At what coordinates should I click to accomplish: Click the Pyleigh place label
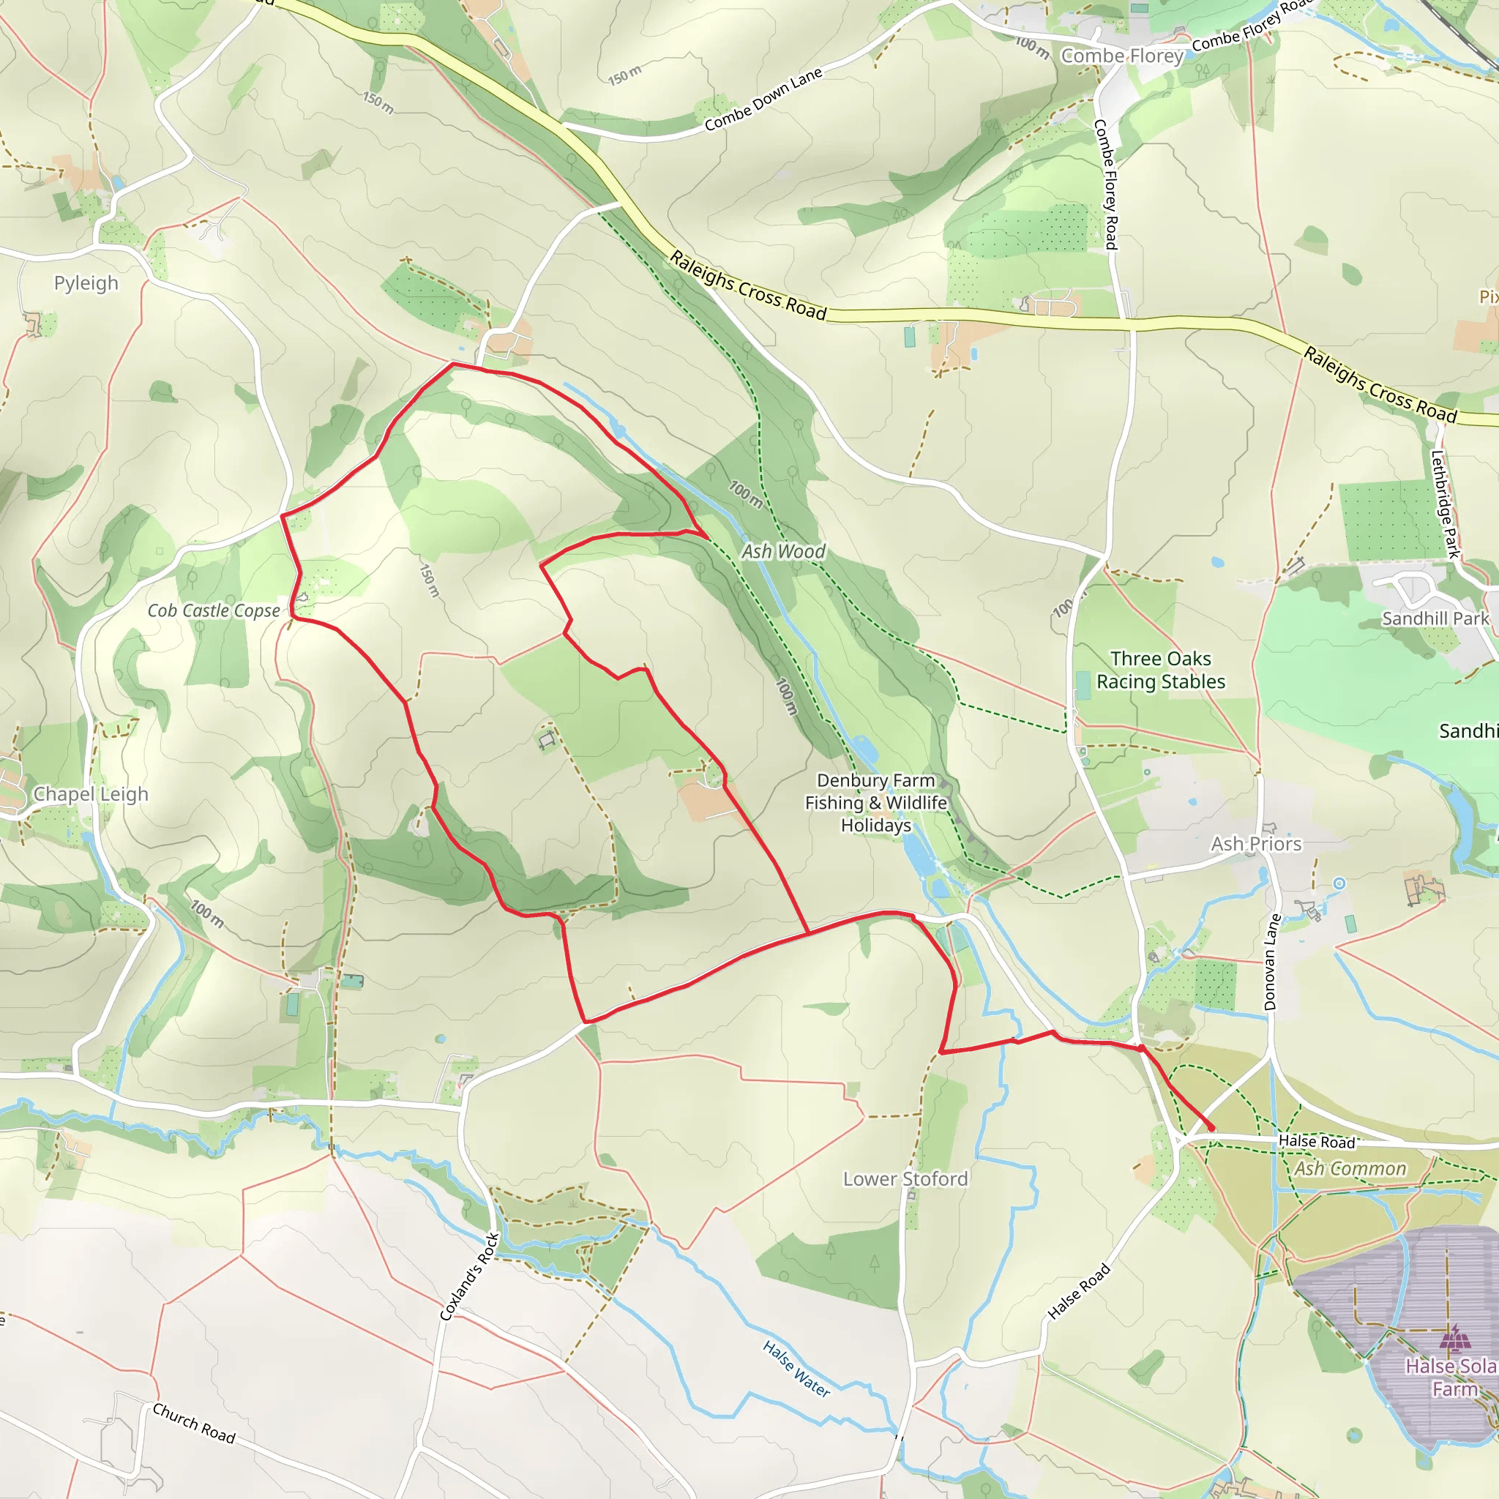pos(86,283)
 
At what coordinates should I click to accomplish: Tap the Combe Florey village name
pos(1122,56)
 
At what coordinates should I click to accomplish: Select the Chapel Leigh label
pos(91,793)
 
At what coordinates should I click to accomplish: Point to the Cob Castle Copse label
pos(214,610)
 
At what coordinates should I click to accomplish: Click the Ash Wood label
pos(784,551)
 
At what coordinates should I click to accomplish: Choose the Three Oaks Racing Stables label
pos(1161,670)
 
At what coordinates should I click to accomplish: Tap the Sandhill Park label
pos(1435,618)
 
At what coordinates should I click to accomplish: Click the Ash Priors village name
pos(1256,843)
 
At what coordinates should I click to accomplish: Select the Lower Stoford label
pos(905,1178)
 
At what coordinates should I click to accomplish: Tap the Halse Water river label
pos(797,1369)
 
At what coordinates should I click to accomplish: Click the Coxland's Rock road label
pos(469,1276)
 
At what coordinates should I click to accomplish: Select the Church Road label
pos(194,1423)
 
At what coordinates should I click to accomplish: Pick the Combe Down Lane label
pos(763,100)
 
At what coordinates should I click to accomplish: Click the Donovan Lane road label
pos(1271,962)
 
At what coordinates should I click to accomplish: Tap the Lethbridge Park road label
pos(1446,504)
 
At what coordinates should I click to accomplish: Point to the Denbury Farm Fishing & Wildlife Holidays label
pos(876,802)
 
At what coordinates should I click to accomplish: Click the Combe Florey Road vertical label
pos(1106,184)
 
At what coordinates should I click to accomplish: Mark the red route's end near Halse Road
pos(1212,1128)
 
